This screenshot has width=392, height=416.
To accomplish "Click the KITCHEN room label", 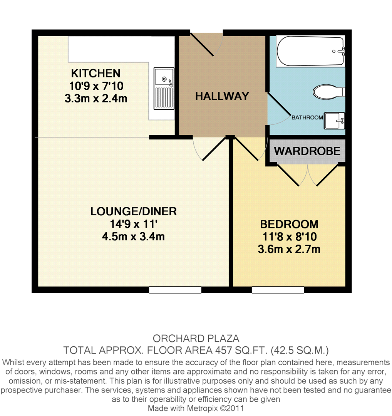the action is pyautogui.click(x=95, y=73).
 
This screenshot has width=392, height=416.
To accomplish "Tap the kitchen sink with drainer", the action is pyautogui.click(x=164, y=88).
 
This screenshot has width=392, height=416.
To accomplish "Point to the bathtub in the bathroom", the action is pyautogui.click(x=310, y=51).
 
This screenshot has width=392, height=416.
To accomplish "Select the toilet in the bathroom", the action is pyautogui.click(x=329, y=92).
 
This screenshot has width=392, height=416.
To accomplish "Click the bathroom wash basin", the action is pyautogui.click(x=334, y=121).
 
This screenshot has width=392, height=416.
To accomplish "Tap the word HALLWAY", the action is pyautogui.click(x=222, y=96).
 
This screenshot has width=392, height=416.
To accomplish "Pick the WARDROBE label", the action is pyautogui.click(x=307, y=151).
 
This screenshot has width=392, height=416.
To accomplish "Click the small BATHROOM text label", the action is pyautogui.click(x=307, y=117).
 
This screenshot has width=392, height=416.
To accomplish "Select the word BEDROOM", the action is pyautogui.click(x=289, y=225).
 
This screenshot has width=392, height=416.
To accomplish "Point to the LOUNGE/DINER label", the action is pyautogui.click(x=133, y=211).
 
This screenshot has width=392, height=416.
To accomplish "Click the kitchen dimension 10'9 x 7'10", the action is pyautogui.click(x=96, y=86).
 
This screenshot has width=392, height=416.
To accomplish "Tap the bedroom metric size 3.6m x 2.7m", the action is pyautogui.click(x=289, y=249).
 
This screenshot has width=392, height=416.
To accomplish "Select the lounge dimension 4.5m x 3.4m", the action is pyautogui.click(x=133, y=237).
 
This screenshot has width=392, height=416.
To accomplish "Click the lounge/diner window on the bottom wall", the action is pyautogui.click(x=175, y=290).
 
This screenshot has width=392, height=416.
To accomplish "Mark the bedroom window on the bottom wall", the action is pyautogui.click(x=278, y=290).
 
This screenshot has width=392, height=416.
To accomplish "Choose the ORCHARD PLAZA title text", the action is pyautogui.click(x=196, y=339).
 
